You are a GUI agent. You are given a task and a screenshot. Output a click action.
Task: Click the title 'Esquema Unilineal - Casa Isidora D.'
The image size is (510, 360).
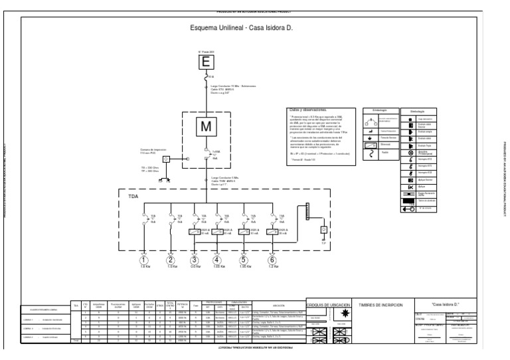(x=242, y=29)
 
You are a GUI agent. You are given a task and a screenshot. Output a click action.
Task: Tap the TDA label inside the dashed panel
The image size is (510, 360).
(x=133, y=197)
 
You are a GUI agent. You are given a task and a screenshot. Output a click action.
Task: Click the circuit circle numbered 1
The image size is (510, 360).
(x=145, y=259)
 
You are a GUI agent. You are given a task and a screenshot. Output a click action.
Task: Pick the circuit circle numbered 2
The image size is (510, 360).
(x=170, y=259)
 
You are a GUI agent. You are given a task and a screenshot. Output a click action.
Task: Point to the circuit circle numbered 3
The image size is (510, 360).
(x=195, y=259)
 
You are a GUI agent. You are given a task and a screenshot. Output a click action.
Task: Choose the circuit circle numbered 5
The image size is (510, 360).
(x=244, y=259)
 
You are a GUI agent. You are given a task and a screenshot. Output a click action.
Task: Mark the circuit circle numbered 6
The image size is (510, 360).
(x=271, y=259)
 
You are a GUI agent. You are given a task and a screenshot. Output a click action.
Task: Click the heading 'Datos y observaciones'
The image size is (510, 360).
(x=309, y=110)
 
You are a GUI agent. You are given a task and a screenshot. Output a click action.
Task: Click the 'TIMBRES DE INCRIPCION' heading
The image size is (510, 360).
(x=382, y=304)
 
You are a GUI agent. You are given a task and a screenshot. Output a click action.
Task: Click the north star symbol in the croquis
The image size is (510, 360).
(x=345, y=313)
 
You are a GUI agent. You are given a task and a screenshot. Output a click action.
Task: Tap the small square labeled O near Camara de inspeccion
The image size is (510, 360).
(x=167, y=159)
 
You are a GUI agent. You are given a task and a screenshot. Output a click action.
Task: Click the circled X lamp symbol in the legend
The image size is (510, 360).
(x=412, y=152)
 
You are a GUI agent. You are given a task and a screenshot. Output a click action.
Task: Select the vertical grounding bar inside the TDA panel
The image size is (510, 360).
(x=307, y=213)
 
